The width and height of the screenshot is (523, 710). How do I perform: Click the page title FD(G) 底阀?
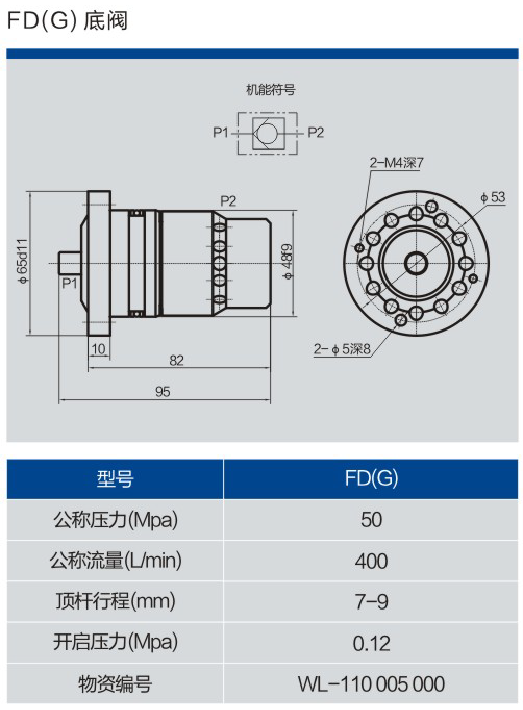coord(67,21)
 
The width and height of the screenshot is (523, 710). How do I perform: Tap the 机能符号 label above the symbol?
coord(270,90)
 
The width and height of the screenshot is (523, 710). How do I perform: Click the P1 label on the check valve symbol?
coord(220,132)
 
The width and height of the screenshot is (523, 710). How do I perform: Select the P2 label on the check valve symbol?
coord(316,132)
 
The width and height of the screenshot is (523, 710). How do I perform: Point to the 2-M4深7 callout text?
coord(396,163)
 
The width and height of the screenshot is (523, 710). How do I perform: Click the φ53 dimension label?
coord(493,197)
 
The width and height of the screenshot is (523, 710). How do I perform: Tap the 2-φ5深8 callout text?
coord(342,349)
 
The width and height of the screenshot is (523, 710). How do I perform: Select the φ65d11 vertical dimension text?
coord(23,261)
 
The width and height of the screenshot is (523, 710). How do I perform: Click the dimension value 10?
coord(98,349)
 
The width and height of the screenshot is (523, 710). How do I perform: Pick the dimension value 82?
coord(177,360)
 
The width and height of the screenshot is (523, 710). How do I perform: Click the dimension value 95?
coord(163,392)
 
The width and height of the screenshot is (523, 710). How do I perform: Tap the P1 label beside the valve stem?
coord(69,283)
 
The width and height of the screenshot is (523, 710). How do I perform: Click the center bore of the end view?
coord(416,263)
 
